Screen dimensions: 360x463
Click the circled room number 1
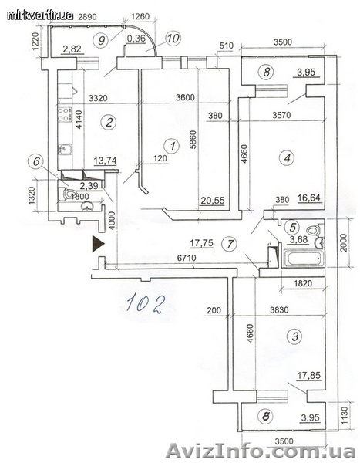[173, 146]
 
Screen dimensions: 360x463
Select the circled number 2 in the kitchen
[109, 122]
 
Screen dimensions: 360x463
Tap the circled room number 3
[295, 336]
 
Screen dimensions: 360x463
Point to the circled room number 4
[287, 157]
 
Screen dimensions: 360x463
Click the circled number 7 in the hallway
[230, 244]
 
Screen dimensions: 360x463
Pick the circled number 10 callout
[173, 39]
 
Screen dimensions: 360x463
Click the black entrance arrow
[98, 243]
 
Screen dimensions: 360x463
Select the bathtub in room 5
[303, 259]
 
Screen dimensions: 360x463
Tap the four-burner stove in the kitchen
[65, 114]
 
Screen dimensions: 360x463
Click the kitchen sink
[64, 150]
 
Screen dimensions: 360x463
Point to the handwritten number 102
[145, 302]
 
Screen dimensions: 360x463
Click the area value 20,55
[213, 201]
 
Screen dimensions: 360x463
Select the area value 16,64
[308, 198]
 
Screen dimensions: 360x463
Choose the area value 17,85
[308, 376]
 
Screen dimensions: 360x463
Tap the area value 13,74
[105, 161]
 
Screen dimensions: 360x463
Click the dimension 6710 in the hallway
[187, 258]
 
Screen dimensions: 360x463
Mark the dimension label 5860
[193, 138]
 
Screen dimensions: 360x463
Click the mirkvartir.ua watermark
[40, 15]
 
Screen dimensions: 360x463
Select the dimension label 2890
[87, 17]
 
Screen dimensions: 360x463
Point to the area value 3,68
[299, 239]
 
